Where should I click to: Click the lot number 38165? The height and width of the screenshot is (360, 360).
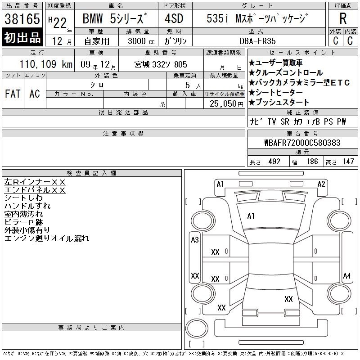point(22,19)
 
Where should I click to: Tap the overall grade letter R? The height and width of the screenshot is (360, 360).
point(343,18)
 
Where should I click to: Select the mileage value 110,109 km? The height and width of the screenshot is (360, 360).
point(46,64)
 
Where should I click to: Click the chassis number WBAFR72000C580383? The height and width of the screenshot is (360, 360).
point(302,143)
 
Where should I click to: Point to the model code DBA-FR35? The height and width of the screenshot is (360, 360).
point(257,41)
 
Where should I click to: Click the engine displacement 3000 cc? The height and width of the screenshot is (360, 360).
point(141,41)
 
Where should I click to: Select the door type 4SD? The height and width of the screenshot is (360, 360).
point(174,18)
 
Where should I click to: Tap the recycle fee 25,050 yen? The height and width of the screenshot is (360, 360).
point(226,104)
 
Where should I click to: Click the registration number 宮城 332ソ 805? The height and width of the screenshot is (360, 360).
point(161,64)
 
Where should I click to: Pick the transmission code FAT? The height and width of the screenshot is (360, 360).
point(13,94)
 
